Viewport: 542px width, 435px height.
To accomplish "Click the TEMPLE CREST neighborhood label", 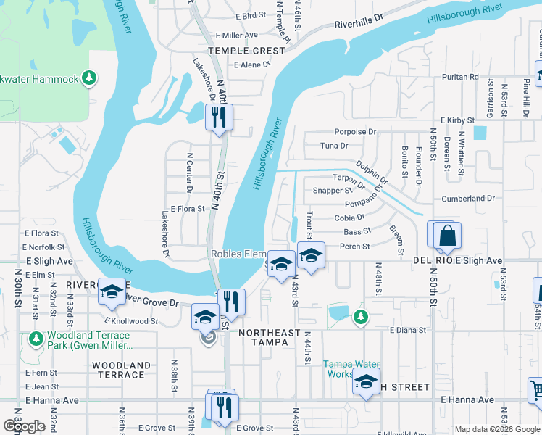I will point(246,51).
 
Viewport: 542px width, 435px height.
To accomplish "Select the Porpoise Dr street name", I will point(355,132).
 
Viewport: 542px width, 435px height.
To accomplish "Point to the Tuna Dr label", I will point(334,146).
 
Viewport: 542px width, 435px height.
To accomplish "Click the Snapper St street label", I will point(332,191).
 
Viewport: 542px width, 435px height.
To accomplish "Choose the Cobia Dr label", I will point(349,217).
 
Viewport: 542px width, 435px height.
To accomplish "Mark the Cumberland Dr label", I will point(468,199).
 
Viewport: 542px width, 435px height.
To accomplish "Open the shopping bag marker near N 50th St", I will point(447,236).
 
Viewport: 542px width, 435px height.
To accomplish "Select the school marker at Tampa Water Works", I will point(366,381).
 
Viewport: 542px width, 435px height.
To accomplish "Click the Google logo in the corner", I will point(24,426).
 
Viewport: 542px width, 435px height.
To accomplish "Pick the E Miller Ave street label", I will point(235,36).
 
